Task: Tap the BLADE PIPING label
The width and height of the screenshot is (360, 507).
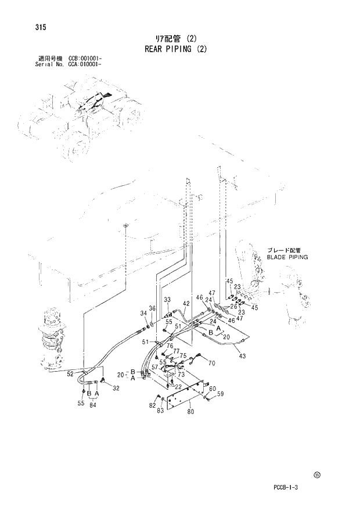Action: [287, 256]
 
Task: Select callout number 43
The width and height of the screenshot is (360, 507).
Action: [242, 355]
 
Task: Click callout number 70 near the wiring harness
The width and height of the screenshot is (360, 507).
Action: [211, 363]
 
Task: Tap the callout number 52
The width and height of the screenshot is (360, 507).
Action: [70, 374]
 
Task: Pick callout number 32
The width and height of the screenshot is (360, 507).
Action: [116, 388]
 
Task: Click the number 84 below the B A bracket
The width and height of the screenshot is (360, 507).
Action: [93, 405]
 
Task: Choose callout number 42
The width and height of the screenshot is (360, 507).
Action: [186, 303]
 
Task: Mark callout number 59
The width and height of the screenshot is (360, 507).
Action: [221, 395]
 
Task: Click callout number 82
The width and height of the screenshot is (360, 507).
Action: [152, 404]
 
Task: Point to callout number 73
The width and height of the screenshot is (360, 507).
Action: [181, 375]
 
